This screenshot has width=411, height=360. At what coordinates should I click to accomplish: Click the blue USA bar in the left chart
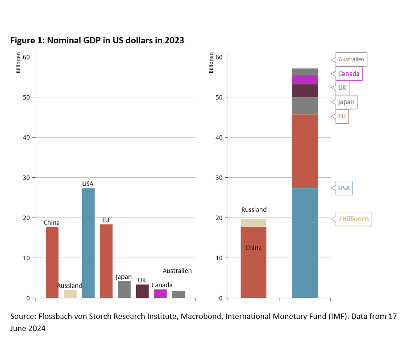tap(88, 243)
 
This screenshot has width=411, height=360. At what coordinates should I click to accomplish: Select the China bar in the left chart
tap(52, 263)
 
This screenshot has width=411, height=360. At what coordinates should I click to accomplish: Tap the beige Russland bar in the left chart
tap(70, 294)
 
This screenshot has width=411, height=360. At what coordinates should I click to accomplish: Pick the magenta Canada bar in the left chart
tap(160, 294)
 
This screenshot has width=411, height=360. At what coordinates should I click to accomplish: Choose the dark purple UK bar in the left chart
tap(142, 291)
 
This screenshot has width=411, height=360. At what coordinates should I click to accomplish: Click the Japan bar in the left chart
tap(125, 289)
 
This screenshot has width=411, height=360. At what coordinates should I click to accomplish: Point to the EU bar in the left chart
tap(106, 261)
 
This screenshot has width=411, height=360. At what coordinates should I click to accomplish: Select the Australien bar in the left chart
tap(179, 294)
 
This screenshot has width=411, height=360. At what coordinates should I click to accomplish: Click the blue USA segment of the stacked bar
tap(305, 243)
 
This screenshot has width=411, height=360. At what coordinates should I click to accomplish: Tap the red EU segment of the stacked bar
tap(305, 151)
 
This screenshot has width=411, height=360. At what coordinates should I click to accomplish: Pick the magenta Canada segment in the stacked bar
tap(305, 80)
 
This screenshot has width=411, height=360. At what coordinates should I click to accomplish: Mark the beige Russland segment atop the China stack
tap(253, 223)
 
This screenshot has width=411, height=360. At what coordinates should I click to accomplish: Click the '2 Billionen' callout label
tap(353, 219)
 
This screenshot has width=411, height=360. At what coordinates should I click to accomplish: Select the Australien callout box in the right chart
tap(351, 59)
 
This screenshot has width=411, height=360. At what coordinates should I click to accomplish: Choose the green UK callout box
tap(342, 88)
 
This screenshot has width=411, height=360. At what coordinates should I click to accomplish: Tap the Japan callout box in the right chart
tap(346, 102)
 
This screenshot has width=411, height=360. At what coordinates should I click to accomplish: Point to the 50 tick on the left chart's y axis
tap(26, 97)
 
